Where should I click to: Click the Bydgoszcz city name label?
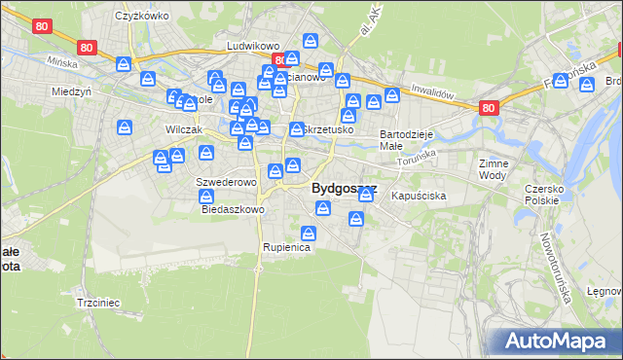click(344, 189)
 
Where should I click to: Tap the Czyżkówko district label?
click(142, 17)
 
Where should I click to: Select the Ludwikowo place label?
click(253, 46)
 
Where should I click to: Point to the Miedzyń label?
click(71, 91)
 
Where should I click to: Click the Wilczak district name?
click(183, 129)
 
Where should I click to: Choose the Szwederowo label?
click(226, 182)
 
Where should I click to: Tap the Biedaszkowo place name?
click(233, 209)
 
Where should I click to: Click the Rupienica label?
click(286, 248)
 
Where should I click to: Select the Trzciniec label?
click(97, 303)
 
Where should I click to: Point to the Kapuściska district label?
click(419, 197)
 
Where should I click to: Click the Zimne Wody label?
click(494, 170)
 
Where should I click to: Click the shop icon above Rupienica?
click(309, 234)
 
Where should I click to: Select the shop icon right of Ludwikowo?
click(310, 41)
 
